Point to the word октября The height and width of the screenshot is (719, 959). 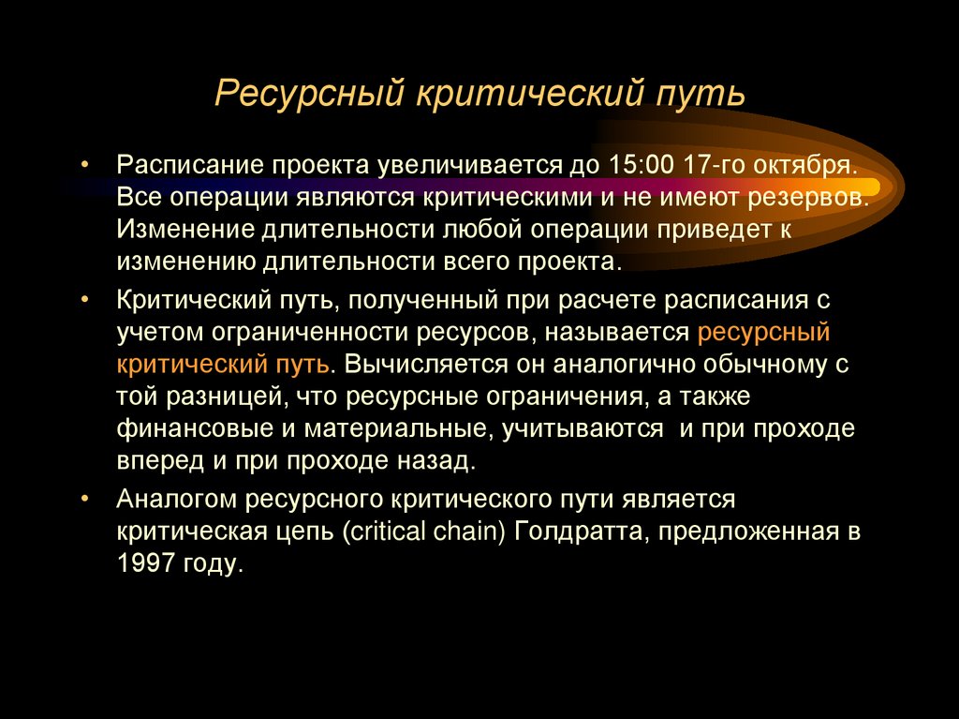(x=798, y=165)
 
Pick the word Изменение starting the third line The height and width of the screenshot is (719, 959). (x=182, y=229)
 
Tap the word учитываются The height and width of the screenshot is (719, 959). (x=576, y=428)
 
